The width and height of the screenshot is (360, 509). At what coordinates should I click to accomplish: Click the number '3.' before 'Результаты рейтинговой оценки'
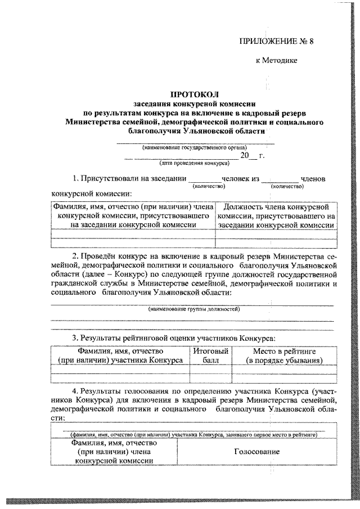coord(75,338)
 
